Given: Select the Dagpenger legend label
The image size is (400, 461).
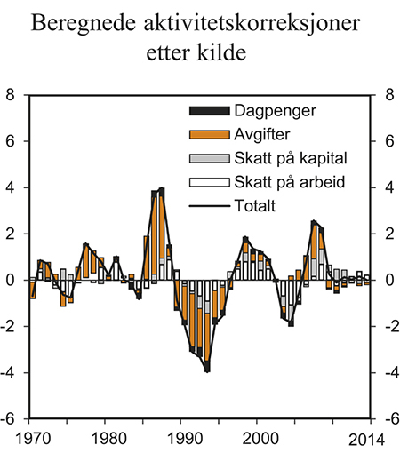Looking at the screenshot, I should pyautogui.click(x=276, y=111).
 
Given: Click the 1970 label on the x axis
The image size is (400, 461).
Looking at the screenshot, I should pyautogui.click(x=32, y=438).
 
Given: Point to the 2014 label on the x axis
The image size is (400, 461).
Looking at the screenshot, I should pyautogui.click(x=365, y=438).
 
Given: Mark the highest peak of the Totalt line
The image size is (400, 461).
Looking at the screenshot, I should pyautogui.click(x=162, y=188).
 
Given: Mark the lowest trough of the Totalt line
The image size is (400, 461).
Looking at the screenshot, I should pyautogui.click(x=207, y=370).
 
